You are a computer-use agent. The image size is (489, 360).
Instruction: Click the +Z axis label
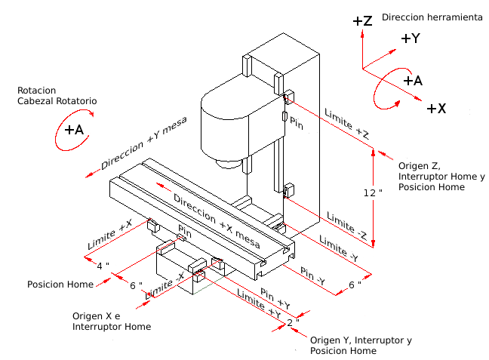pos(362,21)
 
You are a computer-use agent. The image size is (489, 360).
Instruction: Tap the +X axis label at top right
pos(436,109)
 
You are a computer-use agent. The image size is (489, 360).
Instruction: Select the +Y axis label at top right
pos(411,38)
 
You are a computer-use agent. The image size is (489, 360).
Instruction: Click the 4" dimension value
pos(103,265)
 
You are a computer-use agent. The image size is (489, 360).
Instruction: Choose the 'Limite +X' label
pos(109,236)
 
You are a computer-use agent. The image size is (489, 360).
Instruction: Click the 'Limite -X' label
pos(164,286)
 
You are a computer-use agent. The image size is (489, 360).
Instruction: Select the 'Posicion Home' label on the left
pos(60,285)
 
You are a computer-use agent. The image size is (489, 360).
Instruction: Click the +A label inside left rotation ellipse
pos(74,129)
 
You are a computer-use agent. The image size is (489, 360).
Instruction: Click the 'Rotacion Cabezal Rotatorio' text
pos(57,95)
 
